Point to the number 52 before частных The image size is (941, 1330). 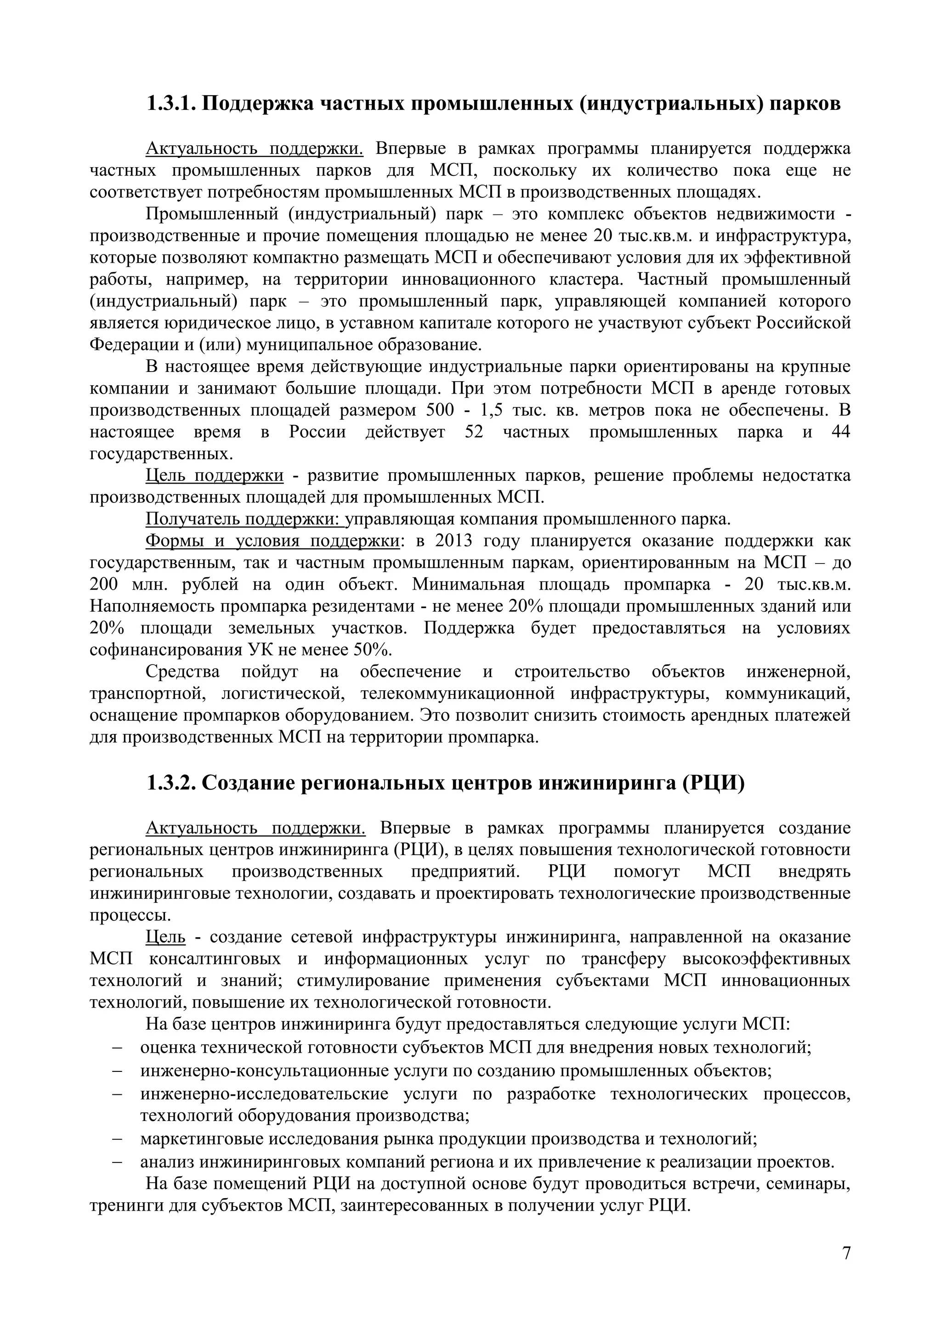coord(474,432)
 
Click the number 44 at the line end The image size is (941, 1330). coord(841,432)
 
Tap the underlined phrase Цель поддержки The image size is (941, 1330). coord(215,476)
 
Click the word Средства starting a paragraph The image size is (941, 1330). coord(182,672)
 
